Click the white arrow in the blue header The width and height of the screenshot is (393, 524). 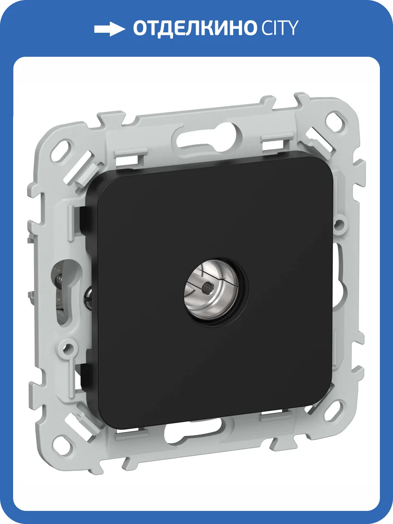(110, 29)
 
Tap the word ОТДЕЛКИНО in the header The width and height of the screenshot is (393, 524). (194, 28)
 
